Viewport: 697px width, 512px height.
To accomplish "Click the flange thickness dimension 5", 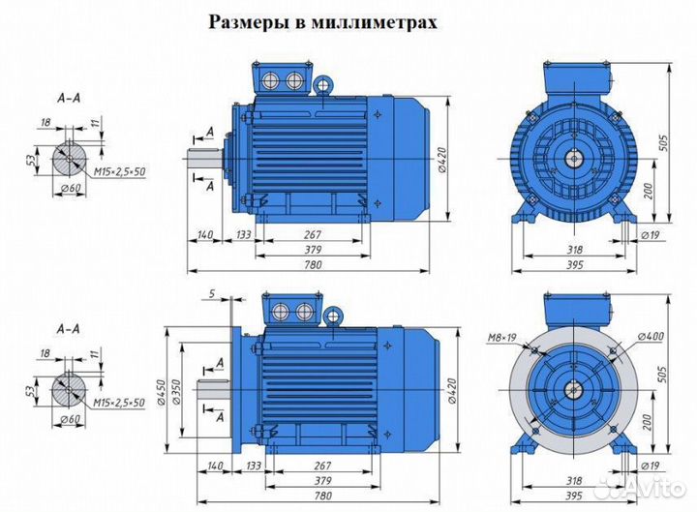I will [x=211, y=292].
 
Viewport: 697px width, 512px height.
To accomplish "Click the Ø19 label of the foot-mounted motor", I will [x=652, y=234].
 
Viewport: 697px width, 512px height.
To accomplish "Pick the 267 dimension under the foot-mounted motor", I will [x=312, y=234].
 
